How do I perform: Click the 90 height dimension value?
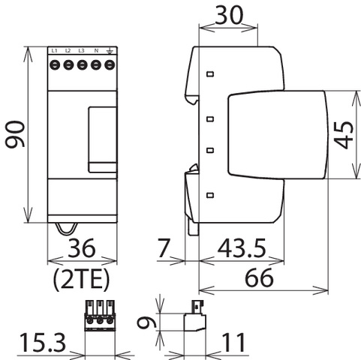pyautogui.click(x=15, y=134)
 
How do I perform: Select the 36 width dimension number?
pyautogui.click(x=82, y=247)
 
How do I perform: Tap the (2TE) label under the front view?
pyautogui.click(x=82, y=278)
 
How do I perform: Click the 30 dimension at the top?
pyautogui.click(x=229, y=15)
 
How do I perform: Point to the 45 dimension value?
pyautogui.click(x=344, y=135)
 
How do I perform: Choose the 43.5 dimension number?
pyautogui.click(x=242, y=248)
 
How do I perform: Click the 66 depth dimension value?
pyautogui.click(x=259, y=277)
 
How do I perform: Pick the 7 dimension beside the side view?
pyautogui.click(x=164, y=247)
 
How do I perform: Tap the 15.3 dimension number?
pyautogui.click(x=43, y=342)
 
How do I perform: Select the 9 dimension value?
pyautogui.click(x=147, y=321)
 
